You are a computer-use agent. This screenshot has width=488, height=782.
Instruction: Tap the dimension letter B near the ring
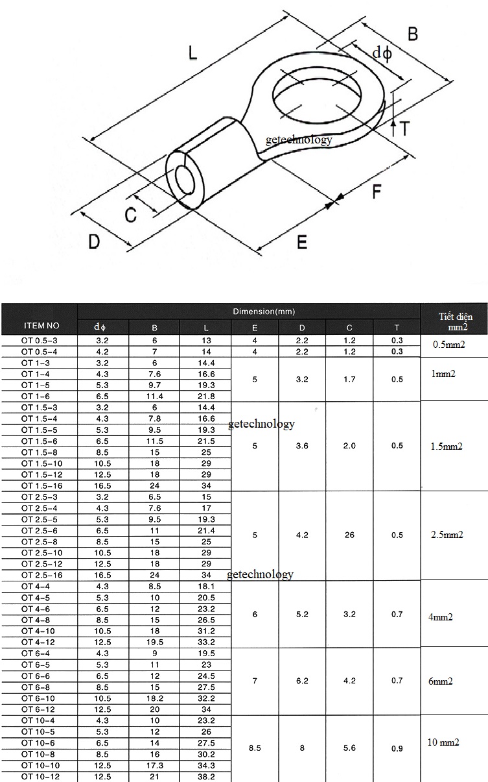[x=413, y=34]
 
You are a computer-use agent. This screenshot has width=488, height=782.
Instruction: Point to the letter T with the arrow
[x=404, y=128]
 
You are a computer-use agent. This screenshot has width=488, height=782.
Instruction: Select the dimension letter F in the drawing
[x=377, y=192]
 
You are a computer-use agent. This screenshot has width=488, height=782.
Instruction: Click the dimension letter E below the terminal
[x=301, y=242]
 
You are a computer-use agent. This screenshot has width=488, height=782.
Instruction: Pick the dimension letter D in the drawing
[x=95, y=242]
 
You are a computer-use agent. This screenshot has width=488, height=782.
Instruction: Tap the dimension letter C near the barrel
[x=131, y=215]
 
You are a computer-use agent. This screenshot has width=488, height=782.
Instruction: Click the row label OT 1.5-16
[x=41, y=485]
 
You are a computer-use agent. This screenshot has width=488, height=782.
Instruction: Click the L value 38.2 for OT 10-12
[x=205, y=776]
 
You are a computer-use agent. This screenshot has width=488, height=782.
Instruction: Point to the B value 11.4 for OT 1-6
[x=154, y=396]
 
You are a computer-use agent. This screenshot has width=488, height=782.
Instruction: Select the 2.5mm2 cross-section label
[x=447, y=535]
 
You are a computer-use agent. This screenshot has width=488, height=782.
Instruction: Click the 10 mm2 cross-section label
[x=444, y=742]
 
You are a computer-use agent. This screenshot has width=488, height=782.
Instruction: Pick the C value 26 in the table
[x=349, y=535]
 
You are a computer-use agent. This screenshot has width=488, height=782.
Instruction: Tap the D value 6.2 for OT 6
[x=302, y=681]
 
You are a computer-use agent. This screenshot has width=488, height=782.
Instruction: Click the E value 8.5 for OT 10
[x=255, y=748]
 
